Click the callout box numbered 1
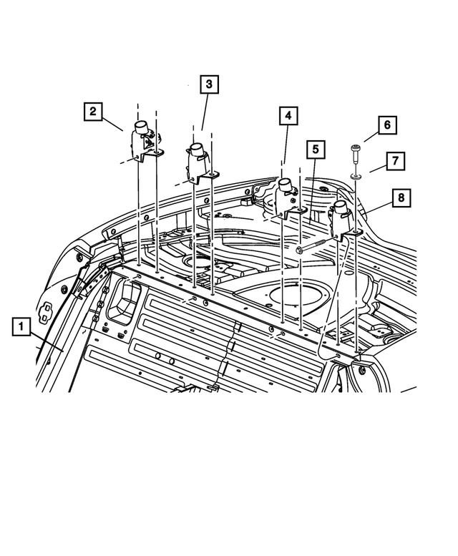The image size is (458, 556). tap(21, 328)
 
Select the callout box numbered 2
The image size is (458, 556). tap(93, 112)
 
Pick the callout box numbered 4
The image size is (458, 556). tap(286, 115)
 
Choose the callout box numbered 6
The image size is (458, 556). tap(386, 125)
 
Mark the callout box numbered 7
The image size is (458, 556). tap(395, 160)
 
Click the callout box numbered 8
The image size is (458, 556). tap(401, 196)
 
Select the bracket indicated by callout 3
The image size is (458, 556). tap(199, 162)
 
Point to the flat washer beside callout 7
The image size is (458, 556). tap(356, 174)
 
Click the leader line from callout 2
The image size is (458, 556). tap(114, 123)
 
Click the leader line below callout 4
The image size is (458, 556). tap(286, 150)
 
